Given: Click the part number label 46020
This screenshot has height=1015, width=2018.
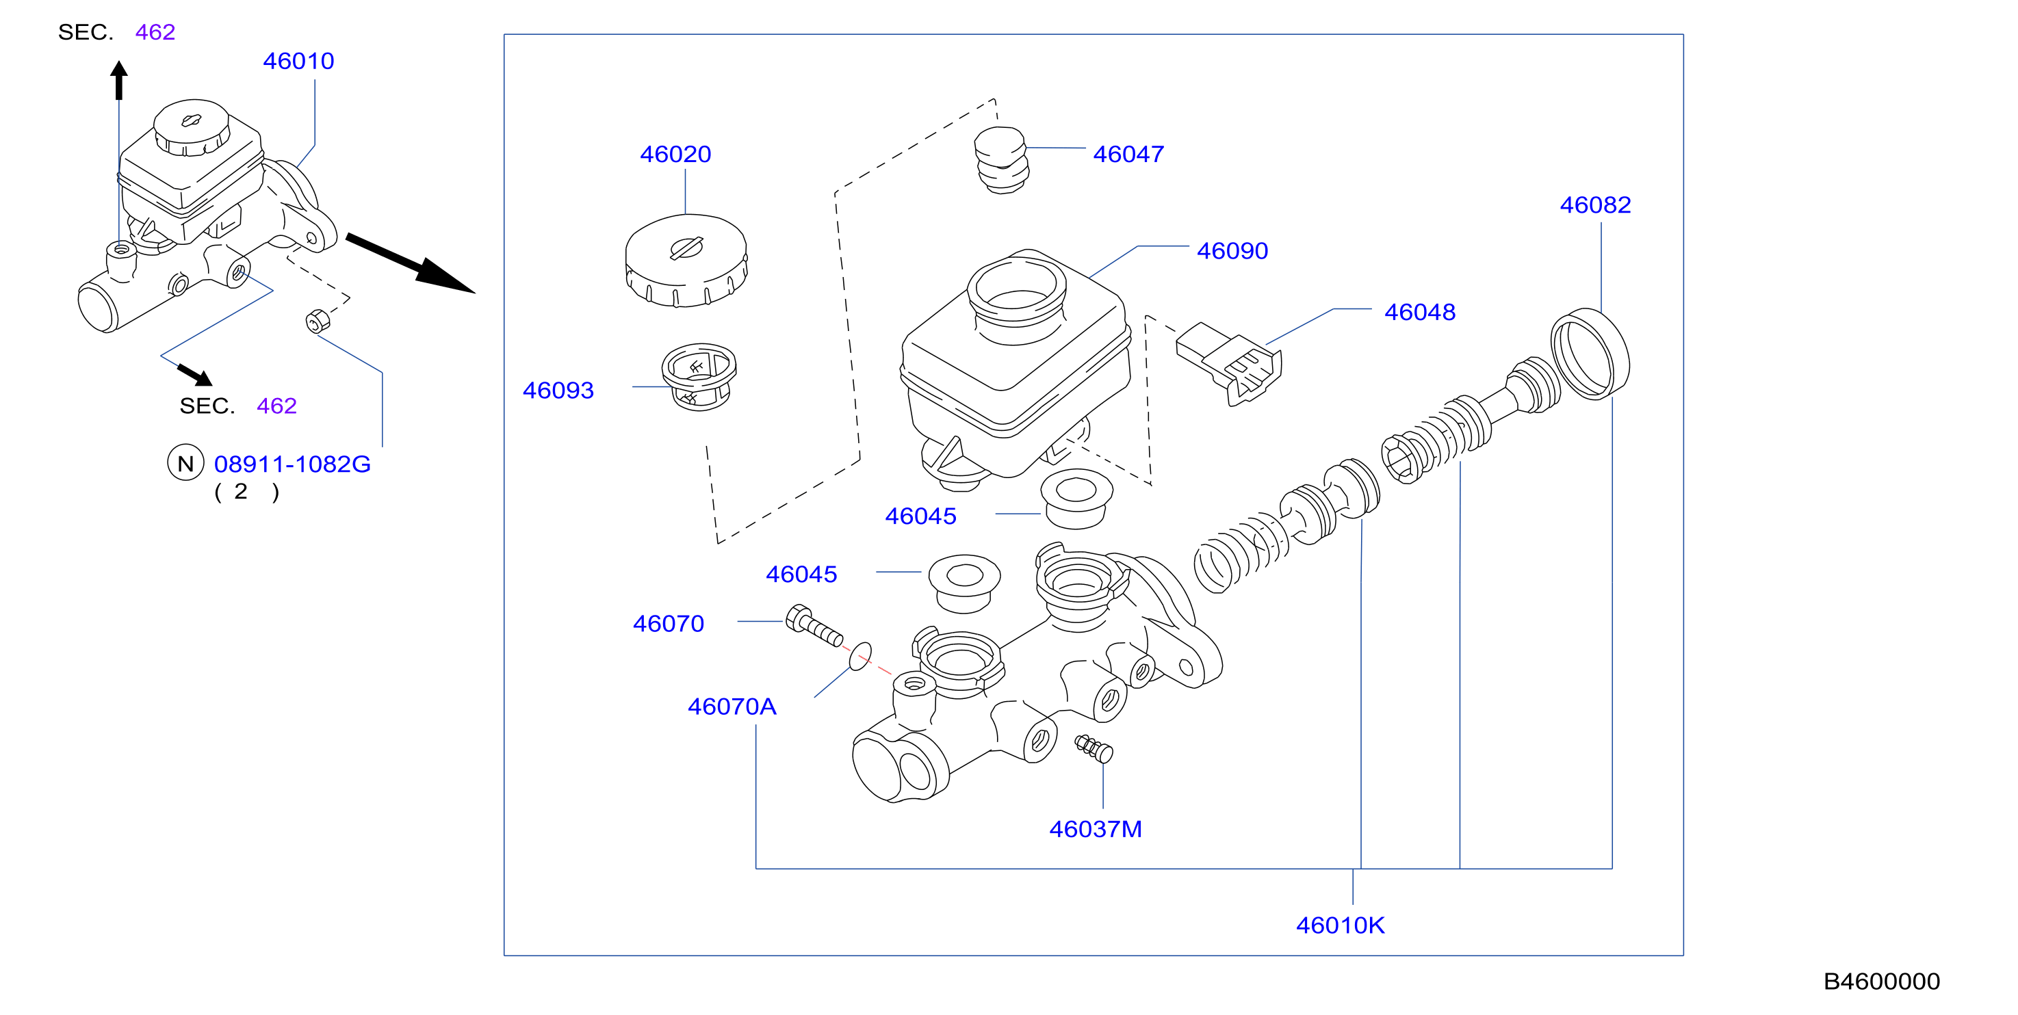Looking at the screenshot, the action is pyautogui.click(x=675, y=155).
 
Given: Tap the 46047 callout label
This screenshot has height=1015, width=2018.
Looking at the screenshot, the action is pyautogui.click(x=1128, y=155).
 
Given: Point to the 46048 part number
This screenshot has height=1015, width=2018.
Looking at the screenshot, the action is pyautogui.click(x=1419, y=312).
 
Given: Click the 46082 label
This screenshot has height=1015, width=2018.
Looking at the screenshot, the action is pyautogui.click(x=1595, y=205).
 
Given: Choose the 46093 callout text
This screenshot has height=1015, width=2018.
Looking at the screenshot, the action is pyautogui.click(x=558, y=390).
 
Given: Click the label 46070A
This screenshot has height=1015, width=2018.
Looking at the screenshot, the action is pyautogui.click(x=732, y=707).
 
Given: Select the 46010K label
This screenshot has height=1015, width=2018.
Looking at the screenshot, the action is pyautogui.click(x=1340, y=925).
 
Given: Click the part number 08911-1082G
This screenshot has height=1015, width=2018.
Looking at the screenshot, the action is pyautogui.click(x=292, y=464).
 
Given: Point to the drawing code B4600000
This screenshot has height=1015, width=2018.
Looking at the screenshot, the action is pyautogui.click(x=1882, y=981).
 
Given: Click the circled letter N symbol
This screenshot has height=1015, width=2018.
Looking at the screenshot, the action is pyautogui.click(x=185, y=463).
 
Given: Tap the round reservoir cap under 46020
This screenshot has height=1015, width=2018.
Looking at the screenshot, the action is pyautogui.click(x=686, y=260).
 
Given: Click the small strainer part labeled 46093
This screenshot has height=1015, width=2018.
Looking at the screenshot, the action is pyautogui.click(x=699, y=377).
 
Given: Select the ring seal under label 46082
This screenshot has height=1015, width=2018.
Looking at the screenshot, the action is pyautogui.click(x=1590, y=354).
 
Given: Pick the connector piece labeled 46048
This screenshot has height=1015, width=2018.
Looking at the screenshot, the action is pyautogui.click(x=1228, y=362).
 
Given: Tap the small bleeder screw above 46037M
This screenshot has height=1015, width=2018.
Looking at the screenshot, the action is pyautogui.click(x=1094, y=748).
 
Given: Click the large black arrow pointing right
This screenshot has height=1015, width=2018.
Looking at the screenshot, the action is pyautogui.click(x=411, y=263).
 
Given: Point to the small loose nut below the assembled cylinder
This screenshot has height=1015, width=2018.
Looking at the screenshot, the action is pyautogui.click(x=318, y=321).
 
